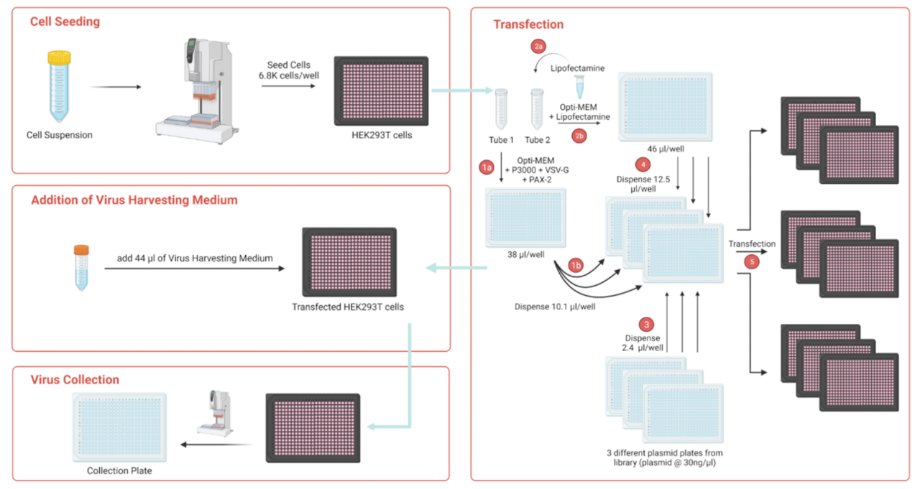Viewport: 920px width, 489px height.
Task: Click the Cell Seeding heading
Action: coord(65,22)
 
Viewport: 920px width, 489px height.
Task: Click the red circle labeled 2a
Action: coord(538,47)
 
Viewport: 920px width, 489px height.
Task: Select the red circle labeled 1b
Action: coord(575,264)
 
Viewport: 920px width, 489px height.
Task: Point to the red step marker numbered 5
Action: coord(753,262)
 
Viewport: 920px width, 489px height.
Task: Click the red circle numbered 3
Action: coord(648,323)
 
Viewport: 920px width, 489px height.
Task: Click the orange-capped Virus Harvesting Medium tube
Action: coord(81,267)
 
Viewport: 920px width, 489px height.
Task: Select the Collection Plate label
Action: coord(119,471)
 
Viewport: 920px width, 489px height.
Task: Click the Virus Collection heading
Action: coord(75,380)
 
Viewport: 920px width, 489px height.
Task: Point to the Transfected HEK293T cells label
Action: coord(347,307)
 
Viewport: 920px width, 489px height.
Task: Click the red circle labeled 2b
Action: coord(579,134)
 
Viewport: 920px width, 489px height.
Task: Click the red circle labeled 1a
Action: coord(486,167)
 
